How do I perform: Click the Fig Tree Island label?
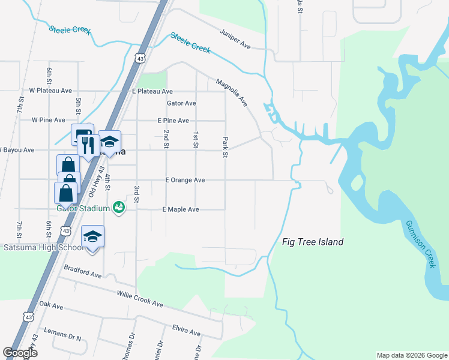[x=313, y=242]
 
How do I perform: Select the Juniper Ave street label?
[x=235, y=38]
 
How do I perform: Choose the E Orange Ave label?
[x=185, y=180]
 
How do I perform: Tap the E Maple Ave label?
[x=180, y=209]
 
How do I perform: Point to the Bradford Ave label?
[x=82, y=273]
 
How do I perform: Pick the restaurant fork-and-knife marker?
[x=88, y=145]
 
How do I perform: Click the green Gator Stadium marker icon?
[x=119, y=207]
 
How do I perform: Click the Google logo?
[x=20, y=353]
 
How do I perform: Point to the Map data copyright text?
[x=411, y=355]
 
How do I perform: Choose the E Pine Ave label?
[x=173, y=121]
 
